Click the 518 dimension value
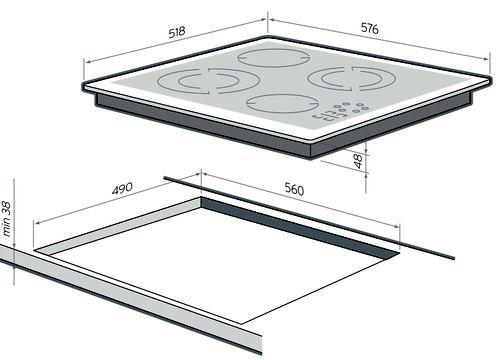click(177, 32)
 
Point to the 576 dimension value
click(370, 28)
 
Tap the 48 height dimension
click(357, 161)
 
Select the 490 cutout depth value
click(122, 189)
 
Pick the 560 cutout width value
click(294, 189)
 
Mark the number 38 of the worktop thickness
click(6, 208)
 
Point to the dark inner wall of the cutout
click(300, 227)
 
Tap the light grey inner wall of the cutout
click(118, 224)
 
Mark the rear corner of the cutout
click(201, 197)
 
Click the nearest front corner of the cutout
click(241, 324)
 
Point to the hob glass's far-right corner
click(491, 78)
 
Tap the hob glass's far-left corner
click(83, 84)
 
